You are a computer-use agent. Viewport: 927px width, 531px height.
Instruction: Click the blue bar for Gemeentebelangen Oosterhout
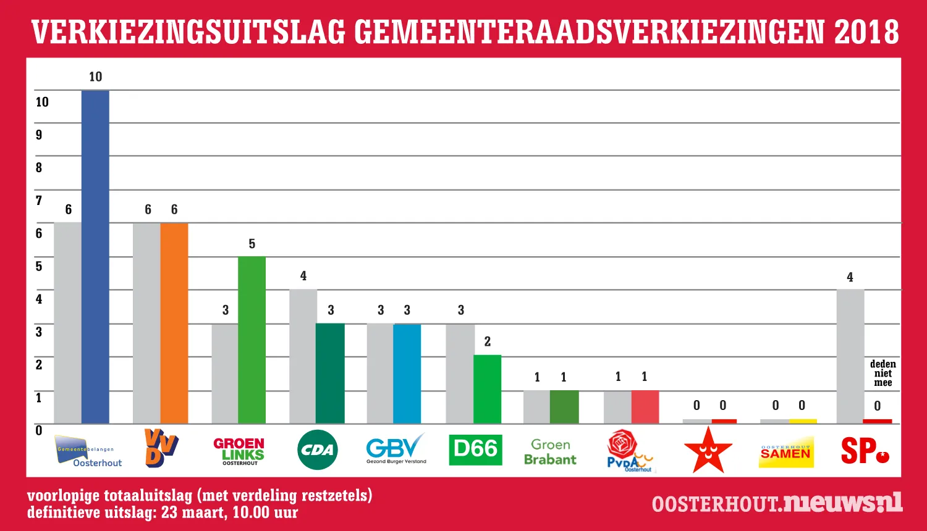click(x=95, y=256)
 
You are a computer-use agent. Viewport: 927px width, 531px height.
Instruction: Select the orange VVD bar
click(x=174, y=323)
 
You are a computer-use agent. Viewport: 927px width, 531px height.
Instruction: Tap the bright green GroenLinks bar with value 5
click(x=252, y=340)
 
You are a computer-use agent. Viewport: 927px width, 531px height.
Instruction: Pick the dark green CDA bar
click(x=330, y=373)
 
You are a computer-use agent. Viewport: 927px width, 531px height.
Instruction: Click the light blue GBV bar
click(x=407, y=373)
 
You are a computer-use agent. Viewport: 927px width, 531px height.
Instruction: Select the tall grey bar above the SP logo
click(x=850, y=356)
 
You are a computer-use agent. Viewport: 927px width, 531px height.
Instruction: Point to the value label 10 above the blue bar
click(x=95, y=77)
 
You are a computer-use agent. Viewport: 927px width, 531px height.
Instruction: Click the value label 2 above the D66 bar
click(x=488, y=341)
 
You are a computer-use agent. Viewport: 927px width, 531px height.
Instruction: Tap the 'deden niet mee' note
click(x=883, y=374)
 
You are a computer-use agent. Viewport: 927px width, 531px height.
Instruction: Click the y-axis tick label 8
click(x=39, y=167)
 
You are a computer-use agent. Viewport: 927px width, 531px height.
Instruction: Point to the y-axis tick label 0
click(x=39, y=430)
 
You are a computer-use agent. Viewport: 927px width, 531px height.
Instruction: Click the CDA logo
click(x=318, y=450)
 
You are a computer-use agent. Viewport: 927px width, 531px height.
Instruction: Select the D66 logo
click(x=475, y=449)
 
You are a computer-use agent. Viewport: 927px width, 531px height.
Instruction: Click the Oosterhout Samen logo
click(x=785, y=453)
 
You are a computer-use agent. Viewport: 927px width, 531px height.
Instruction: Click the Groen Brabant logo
click(x=550, y=452)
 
